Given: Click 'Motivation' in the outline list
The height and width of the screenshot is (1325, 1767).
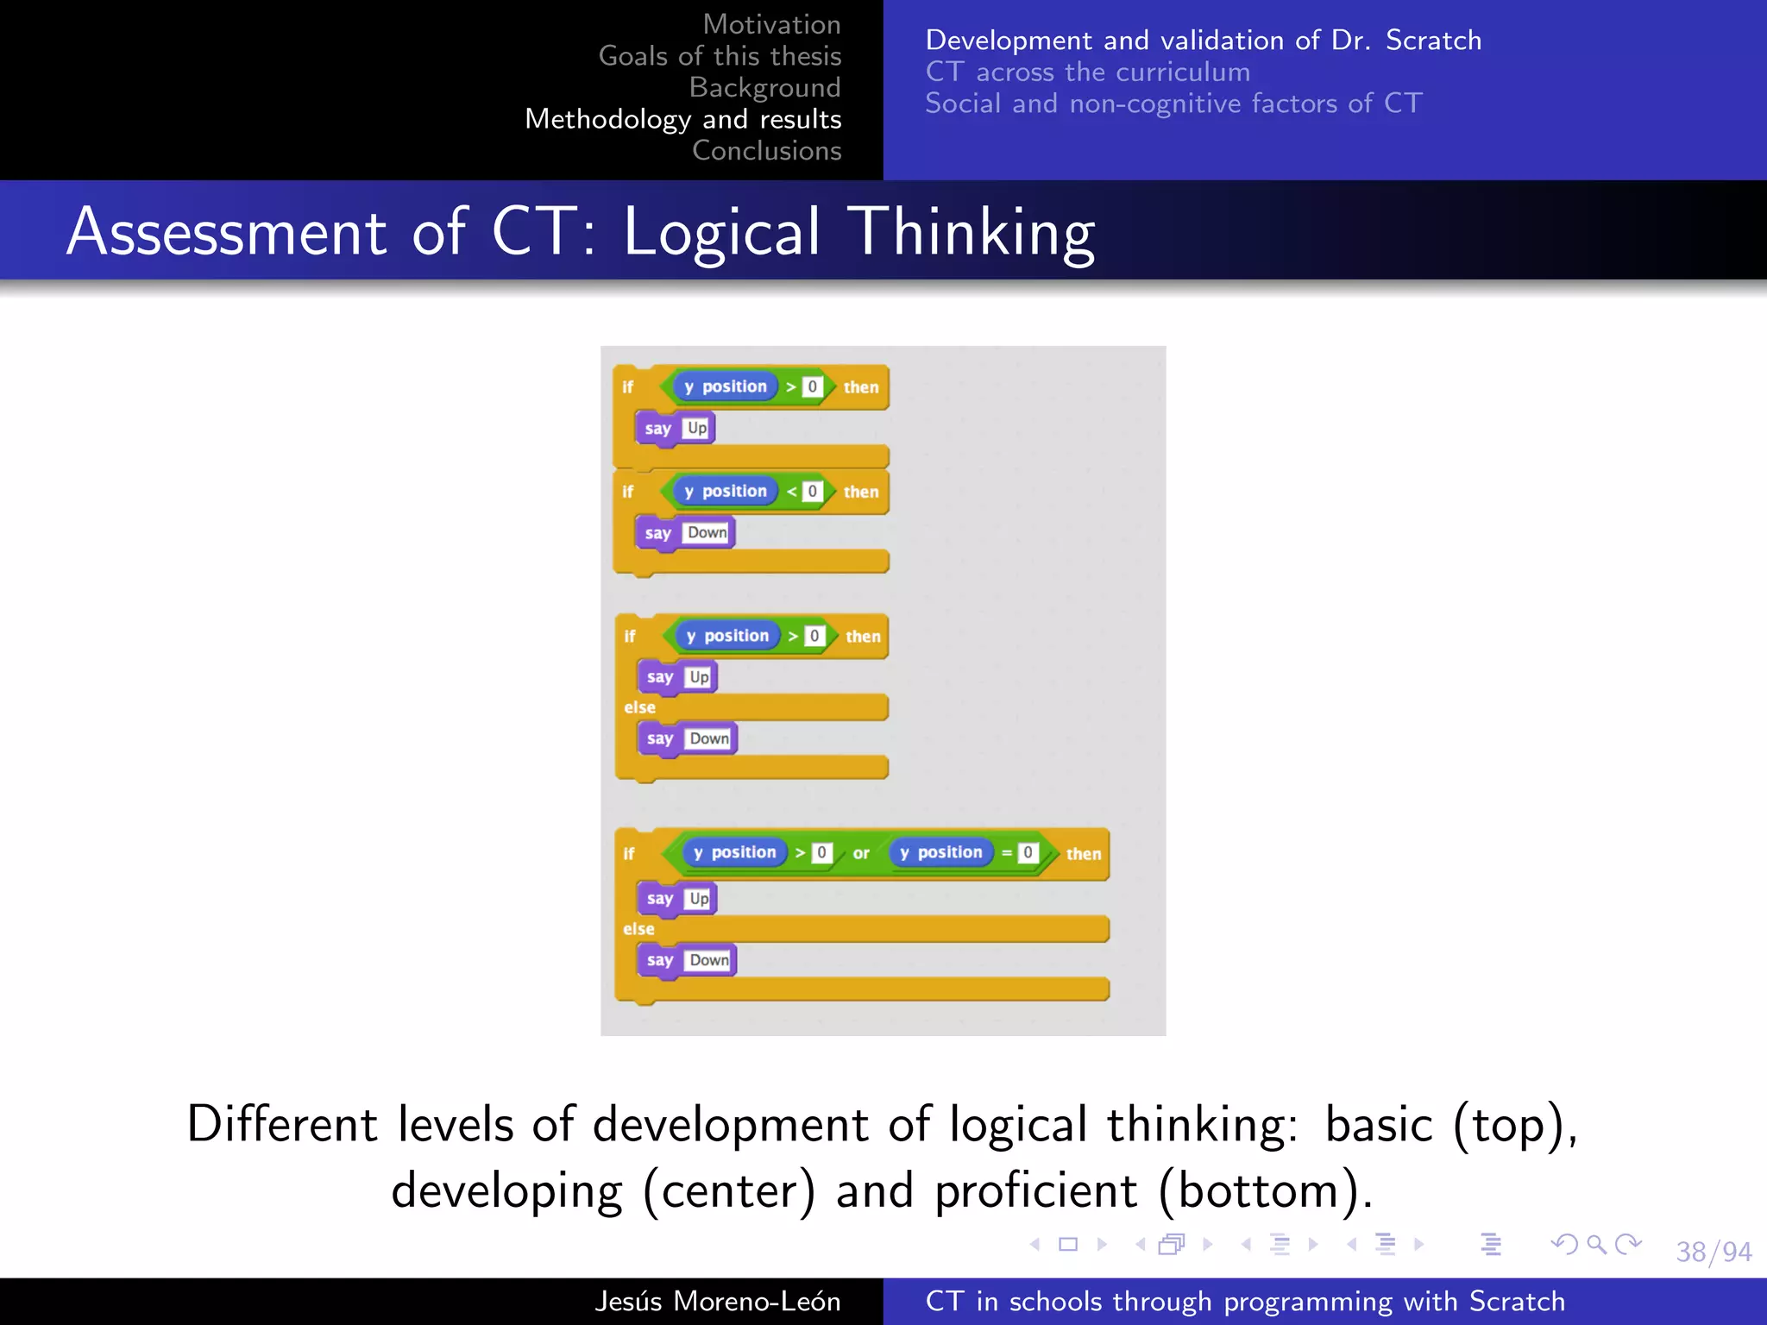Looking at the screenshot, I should (x=771, y=24).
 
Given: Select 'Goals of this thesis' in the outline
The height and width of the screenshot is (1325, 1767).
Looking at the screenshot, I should (x=720, y=56).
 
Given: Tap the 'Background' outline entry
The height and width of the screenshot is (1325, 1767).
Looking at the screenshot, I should (x=764, y=87).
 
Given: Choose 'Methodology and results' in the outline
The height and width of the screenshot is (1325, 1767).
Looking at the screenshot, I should (x=682, y=119).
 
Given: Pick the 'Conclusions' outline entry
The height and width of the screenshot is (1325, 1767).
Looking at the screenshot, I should (x=766, y=150).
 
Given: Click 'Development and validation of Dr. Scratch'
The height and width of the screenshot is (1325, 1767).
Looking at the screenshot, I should (x=1203, y=41).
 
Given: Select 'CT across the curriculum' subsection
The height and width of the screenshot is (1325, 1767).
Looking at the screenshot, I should (x=1087, y=72).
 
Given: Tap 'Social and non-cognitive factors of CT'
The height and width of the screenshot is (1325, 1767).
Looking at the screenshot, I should (x=1173, y=104).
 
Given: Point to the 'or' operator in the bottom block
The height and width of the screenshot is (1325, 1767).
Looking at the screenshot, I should (x=861, y=853).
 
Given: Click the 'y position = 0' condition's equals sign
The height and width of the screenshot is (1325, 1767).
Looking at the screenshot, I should (x=1006, y=853).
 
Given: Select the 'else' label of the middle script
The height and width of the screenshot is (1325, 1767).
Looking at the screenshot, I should (x=639, y=707).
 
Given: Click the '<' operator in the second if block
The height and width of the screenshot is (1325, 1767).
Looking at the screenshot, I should (x=791, y=492).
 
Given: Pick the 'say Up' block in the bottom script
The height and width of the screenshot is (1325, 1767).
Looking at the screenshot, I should (x=677, y=899).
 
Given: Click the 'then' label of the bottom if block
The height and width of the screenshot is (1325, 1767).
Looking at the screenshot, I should (x=1083, y=854).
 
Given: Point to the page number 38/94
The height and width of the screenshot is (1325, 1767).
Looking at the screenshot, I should (x=1714, y=1252).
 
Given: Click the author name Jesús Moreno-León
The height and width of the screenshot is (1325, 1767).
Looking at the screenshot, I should (x=717, y=1301).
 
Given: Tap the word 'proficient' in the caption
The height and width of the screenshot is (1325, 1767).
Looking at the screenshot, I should (x=1036, y=1191).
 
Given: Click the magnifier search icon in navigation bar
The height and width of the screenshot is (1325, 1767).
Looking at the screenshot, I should (x=1596, y=1244).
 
